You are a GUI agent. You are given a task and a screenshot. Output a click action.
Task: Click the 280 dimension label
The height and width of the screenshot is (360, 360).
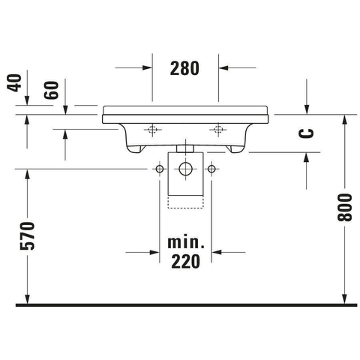[184, 68]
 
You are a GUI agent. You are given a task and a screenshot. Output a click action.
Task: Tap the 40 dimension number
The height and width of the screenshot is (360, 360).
[14, 82]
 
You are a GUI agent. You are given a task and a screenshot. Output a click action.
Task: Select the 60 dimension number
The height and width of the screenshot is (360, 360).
[51, 90]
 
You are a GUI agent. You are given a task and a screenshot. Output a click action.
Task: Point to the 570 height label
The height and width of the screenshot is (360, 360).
[27, 235]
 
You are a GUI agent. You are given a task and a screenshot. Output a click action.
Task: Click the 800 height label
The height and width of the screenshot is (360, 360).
[344, 207]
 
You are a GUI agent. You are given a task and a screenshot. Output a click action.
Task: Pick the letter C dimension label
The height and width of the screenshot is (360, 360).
[306, 133]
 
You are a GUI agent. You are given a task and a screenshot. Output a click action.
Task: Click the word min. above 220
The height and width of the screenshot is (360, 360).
[186, 242]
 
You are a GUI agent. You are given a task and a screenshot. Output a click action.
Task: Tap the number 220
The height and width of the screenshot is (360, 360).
[185, 261]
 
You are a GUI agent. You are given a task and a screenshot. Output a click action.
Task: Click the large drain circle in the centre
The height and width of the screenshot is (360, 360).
[185, 169]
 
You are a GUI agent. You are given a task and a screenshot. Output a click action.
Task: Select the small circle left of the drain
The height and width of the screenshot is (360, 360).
[160, 169]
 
